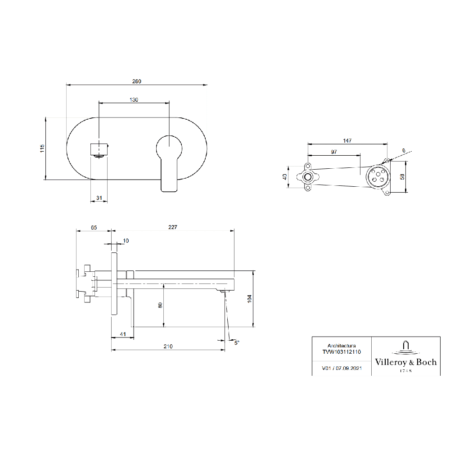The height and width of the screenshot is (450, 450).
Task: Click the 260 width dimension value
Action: click(x=137, y=81)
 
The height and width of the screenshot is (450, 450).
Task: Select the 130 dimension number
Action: click(x=134, y=100)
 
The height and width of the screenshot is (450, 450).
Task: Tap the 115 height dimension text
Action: click(x=42, y=148)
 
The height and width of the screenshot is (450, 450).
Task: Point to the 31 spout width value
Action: click(x=99, y=198)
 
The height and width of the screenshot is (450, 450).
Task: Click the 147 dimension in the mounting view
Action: click(x=347, y=140)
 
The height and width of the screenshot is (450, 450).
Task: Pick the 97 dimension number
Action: click(x=334, y=152)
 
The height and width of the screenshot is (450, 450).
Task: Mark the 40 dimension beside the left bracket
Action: click(x=285, y=177)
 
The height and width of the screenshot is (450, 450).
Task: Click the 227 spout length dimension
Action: click(x=173, y=227)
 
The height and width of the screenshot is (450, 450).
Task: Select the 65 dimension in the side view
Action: click(x=94, y=228)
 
